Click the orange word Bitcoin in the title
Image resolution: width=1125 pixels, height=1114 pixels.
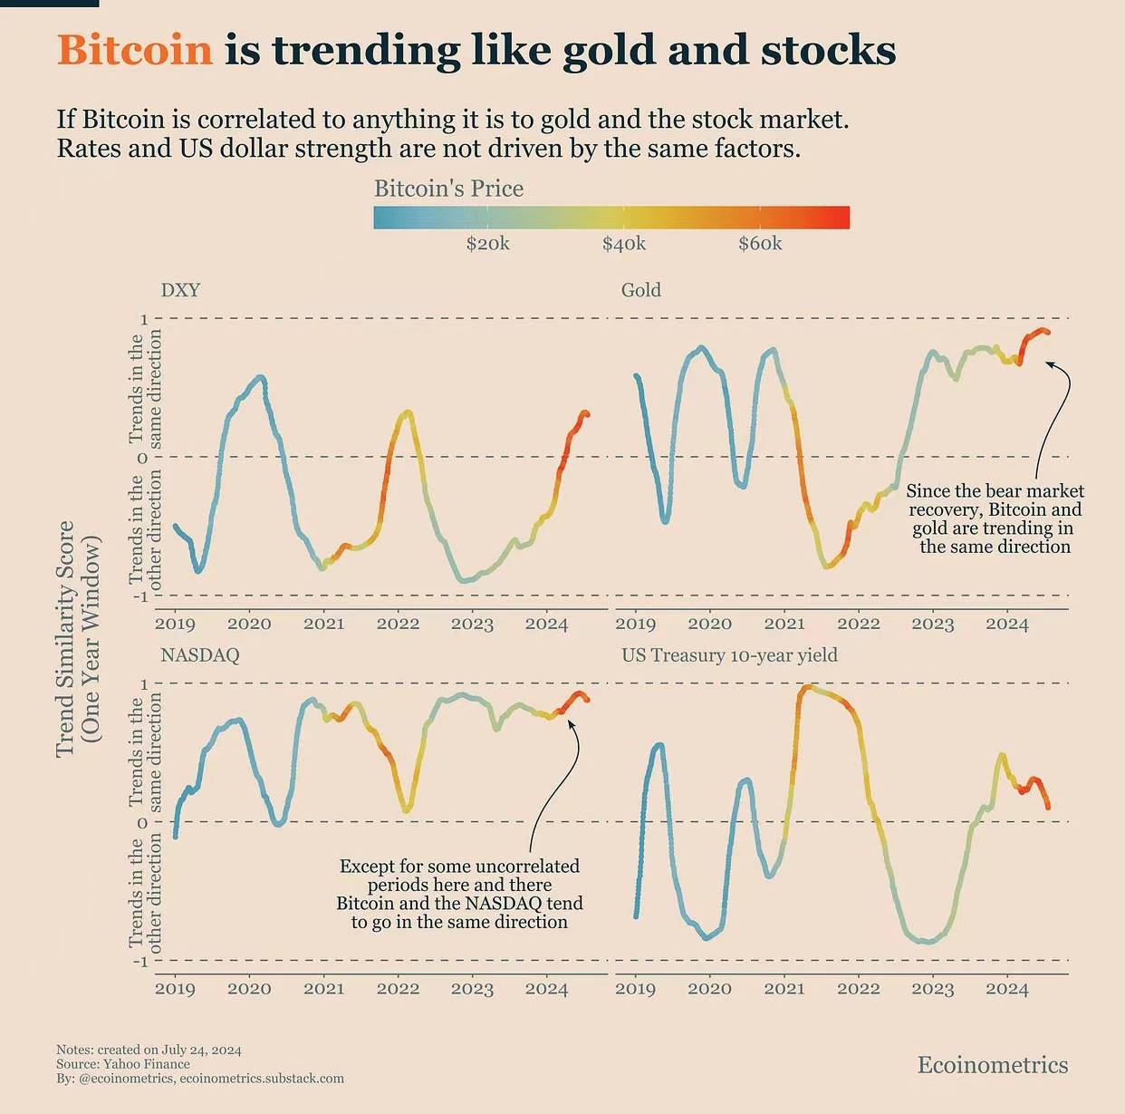(x=135, y=50)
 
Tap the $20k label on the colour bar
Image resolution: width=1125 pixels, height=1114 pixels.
(x=487, y=244)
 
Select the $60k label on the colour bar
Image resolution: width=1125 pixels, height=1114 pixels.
(x=760, y=244)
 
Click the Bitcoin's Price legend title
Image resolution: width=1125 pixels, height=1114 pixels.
(x=448, y=189)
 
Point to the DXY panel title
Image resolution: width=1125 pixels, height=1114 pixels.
(x=180, y=290)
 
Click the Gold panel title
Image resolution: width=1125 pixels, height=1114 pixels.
(x=640, y=290)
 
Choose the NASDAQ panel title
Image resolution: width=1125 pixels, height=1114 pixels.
(x=199, y=655)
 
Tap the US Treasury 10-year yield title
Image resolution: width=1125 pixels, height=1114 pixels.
(x=729, y=655)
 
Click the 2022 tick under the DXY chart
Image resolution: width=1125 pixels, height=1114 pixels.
(x=398, y=624)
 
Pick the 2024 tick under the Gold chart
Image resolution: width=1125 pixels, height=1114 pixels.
(x=1006, y=624)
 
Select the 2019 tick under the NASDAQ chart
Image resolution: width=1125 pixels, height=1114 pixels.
(x=175, y=989)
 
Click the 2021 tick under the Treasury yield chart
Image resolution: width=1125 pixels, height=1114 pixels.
(x=784, y=989)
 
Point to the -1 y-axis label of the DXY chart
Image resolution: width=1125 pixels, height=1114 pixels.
(x=139, y=596)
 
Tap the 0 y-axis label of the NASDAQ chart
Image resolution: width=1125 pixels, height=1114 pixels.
(x=142, y=823)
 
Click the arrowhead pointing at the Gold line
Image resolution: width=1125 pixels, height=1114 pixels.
(x=1049, y=364)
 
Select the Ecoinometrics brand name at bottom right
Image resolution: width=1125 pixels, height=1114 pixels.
(x=993, y=1065)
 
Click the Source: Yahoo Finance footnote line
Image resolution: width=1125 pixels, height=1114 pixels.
(x=123, y=1064)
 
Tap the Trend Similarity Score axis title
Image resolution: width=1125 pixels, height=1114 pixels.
(x=65, y=639)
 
